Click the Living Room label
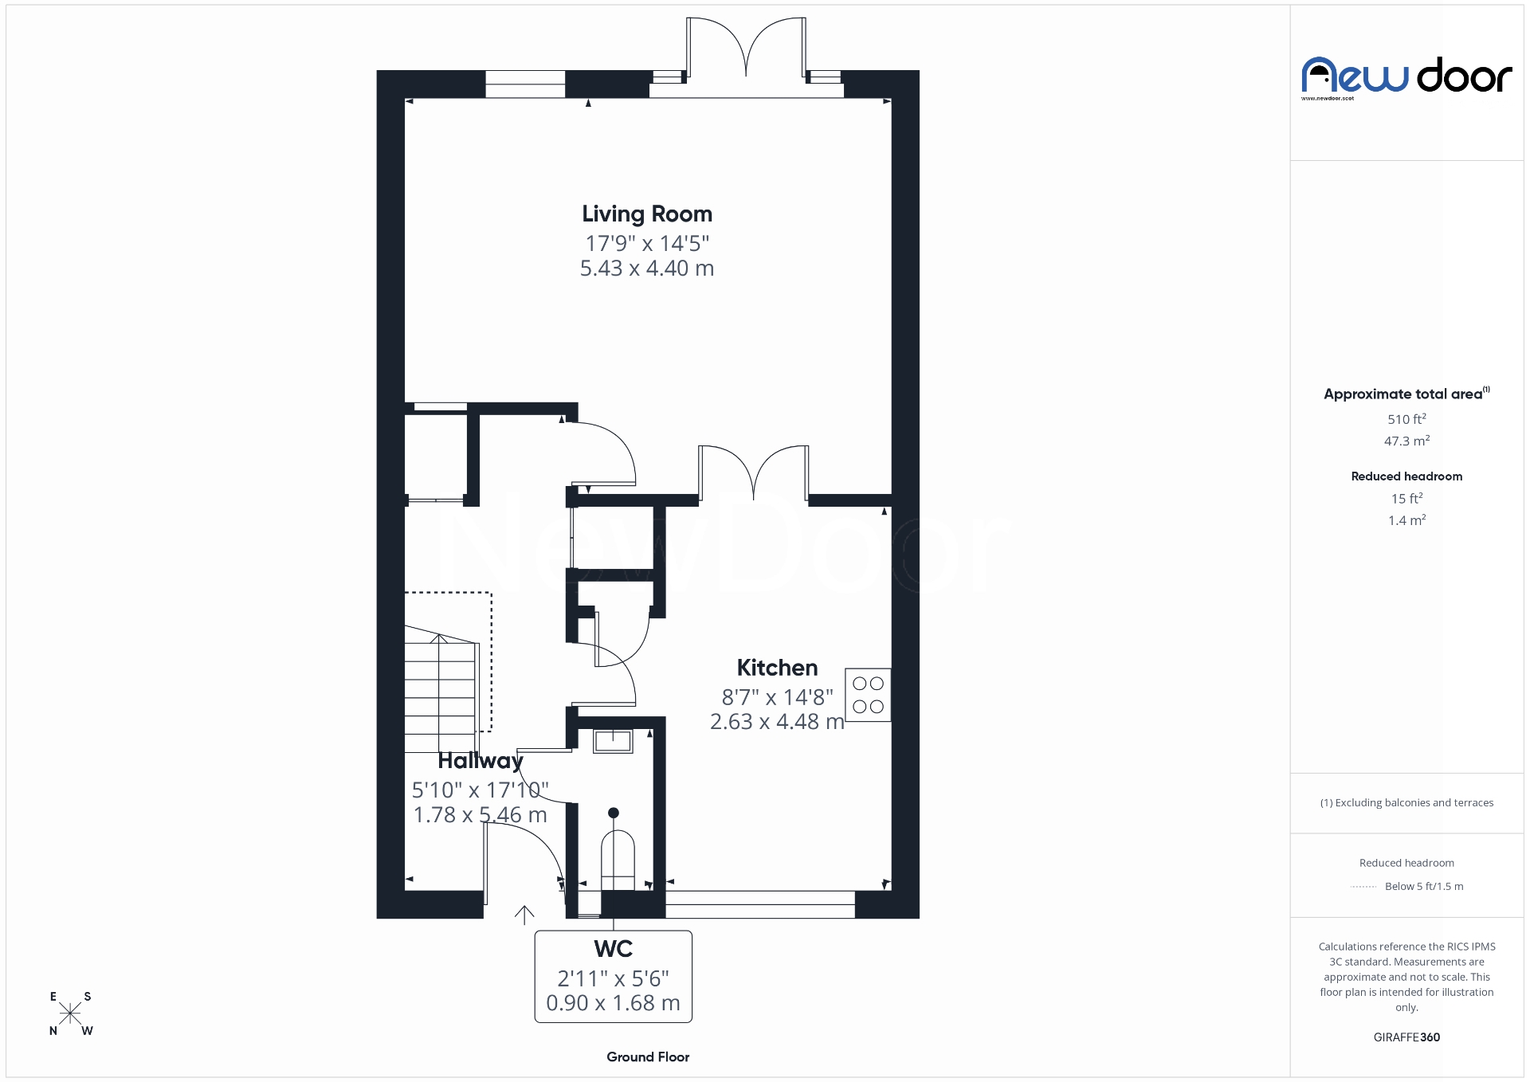(646, 214)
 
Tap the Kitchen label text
(777, 668)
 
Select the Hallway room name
(480, 761)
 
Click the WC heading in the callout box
(613, 949)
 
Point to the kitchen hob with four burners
(868, 695)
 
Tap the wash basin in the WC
(613, 741)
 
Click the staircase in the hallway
(440, 689)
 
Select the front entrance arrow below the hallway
(524, 915)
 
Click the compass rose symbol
(70, 1013)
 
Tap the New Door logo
(1406, 77)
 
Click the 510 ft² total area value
(1406, 419)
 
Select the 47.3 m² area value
(1406, 441)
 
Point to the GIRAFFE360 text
(1406, 1037)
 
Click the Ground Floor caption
(648, 1057)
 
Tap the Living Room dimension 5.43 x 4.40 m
(646, 269)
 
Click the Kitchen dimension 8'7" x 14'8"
(777, 697)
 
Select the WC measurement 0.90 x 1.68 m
(613, 1003)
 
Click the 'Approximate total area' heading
(1402, 394)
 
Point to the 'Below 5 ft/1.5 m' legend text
(1424, 886)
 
